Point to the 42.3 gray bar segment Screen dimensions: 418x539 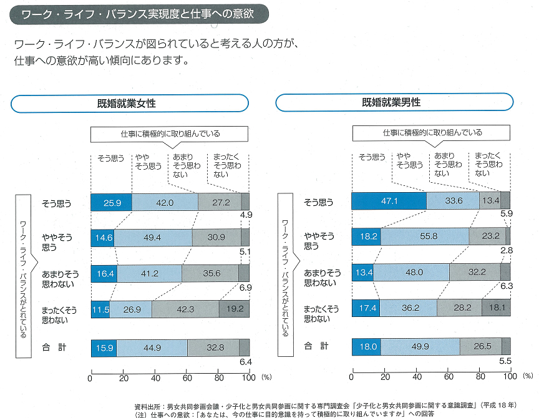click(185, 309)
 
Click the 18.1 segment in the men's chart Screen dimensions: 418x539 click(495, 308)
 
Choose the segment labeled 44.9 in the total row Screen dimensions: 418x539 click(152, 348)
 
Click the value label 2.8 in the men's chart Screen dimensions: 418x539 click(506, 250)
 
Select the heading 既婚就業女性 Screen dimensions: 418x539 click(130, 103)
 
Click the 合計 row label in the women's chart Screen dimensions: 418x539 click(54, 347)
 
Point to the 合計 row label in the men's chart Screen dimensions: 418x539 click(315, 346)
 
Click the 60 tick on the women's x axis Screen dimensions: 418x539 click(187, 377)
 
